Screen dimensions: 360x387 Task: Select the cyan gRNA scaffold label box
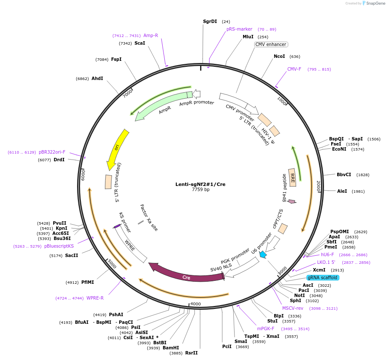323,277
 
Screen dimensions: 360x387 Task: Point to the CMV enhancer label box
271,44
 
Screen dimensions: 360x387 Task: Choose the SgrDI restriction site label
210,21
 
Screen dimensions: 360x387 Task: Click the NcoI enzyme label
279,56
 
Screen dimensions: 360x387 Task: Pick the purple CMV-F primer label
294,69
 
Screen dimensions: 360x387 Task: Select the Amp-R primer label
151,35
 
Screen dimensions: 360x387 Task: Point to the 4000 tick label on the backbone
195,304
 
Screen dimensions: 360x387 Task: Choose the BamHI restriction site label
171,348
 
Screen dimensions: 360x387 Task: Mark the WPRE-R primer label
95,298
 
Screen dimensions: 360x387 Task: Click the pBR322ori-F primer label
52,152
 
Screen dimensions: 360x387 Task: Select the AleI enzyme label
342,191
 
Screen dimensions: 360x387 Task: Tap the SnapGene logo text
373,3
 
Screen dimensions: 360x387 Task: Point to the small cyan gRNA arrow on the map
263,254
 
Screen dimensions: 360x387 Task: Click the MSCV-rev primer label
292,308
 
